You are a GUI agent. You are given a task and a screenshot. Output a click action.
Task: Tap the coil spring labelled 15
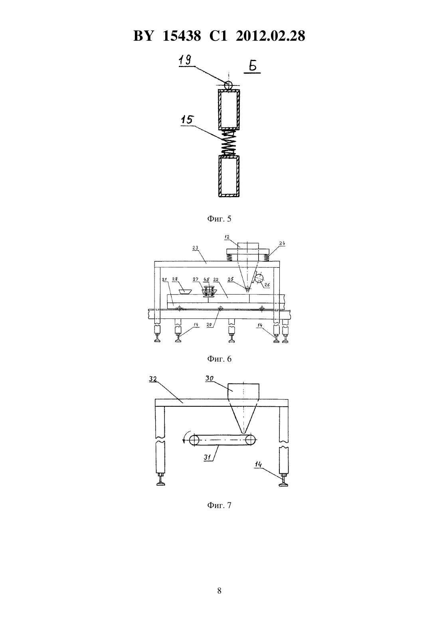[229, 143]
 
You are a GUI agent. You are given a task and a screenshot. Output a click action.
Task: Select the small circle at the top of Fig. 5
[228, 85]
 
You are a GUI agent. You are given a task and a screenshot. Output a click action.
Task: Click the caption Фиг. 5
[219, 219]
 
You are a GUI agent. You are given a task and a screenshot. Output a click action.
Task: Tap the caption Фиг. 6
[219, 359]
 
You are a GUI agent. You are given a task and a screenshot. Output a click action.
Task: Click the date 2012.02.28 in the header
[271, 36]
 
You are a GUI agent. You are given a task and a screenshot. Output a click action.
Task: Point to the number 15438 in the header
[182, 36]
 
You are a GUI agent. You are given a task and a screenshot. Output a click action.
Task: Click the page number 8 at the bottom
[219, 591]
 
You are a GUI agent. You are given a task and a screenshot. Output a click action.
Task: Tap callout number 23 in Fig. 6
[196, 248]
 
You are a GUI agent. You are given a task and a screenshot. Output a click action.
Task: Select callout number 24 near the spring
[282, 243]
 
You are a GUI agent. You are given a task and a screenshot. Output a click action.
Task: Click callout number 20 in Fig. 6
[209, 325]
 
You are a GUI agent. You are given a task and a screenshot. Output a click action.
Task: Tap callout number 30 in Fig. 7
[209, 378]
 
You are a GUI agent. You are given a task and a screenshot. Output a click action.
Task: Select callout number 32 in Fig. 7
[153, 379]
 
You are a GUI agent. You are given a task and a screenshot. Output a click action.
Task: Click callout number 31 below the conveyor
[208, 457]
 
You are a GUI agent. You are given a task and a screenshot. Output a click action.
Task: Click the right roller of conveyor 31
[249, 440]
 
